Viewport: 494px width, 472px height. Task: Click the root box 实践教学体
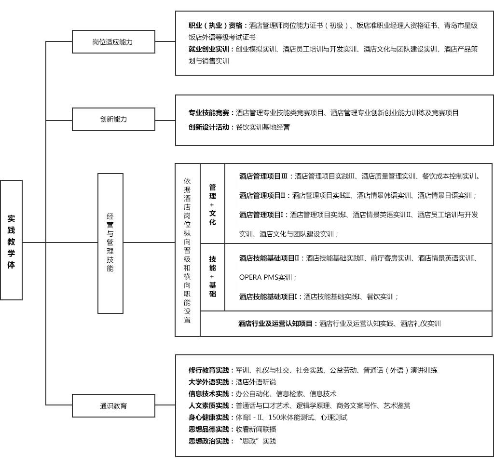tap(12, 240)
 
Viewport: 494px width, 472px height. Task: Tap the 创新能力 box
tap(113, 119)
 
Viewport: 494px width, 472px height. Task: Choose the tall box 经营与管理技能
tap(110, 243)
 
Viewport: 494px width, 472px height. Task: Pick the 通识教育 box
tap(113, 406)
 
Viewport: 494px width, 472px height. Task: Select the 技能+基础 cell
tap(213, 276)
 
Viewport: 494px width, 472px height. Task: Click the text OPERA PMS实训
tap(267, 277)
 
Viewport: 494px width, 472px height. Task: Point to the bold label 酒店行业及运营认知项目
tap(277, 324)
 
